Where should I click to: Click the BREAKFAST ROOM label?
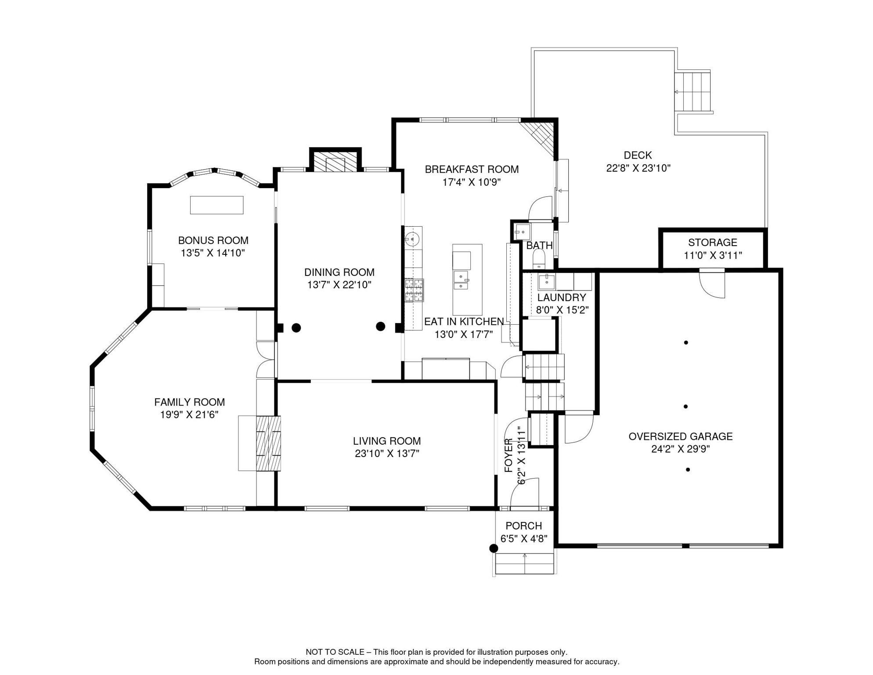(472, 169)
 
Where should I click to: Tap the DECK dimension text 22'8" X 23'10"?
(638, 168)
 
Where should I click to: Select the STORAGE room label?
(712, 242)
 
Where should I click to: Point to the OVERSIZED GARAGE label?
(680, 436)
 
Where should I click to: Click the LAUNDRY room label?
(561, 298)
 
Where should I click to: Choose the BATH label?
(539, 245)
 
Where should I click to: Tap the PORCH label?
(523, 526)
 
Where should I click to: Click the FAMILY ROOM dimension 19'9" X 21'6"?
(189, 414)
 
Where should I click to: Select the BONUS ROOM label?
(213, 240)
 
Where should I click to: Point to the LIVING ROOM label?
(387, 441)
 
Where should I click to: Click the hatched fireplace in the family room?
(268, 443)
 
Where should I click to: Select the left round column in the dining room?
(296, 327)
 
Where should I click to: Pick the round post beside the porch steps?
(494, 548)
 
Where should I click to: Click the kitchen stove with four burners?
(414, 290)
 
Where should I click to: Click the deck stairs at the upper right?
(693, 92)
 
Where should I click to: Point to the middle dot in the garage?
(685, 406)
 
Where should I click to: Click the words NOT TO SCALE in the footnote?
(335, 652)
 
